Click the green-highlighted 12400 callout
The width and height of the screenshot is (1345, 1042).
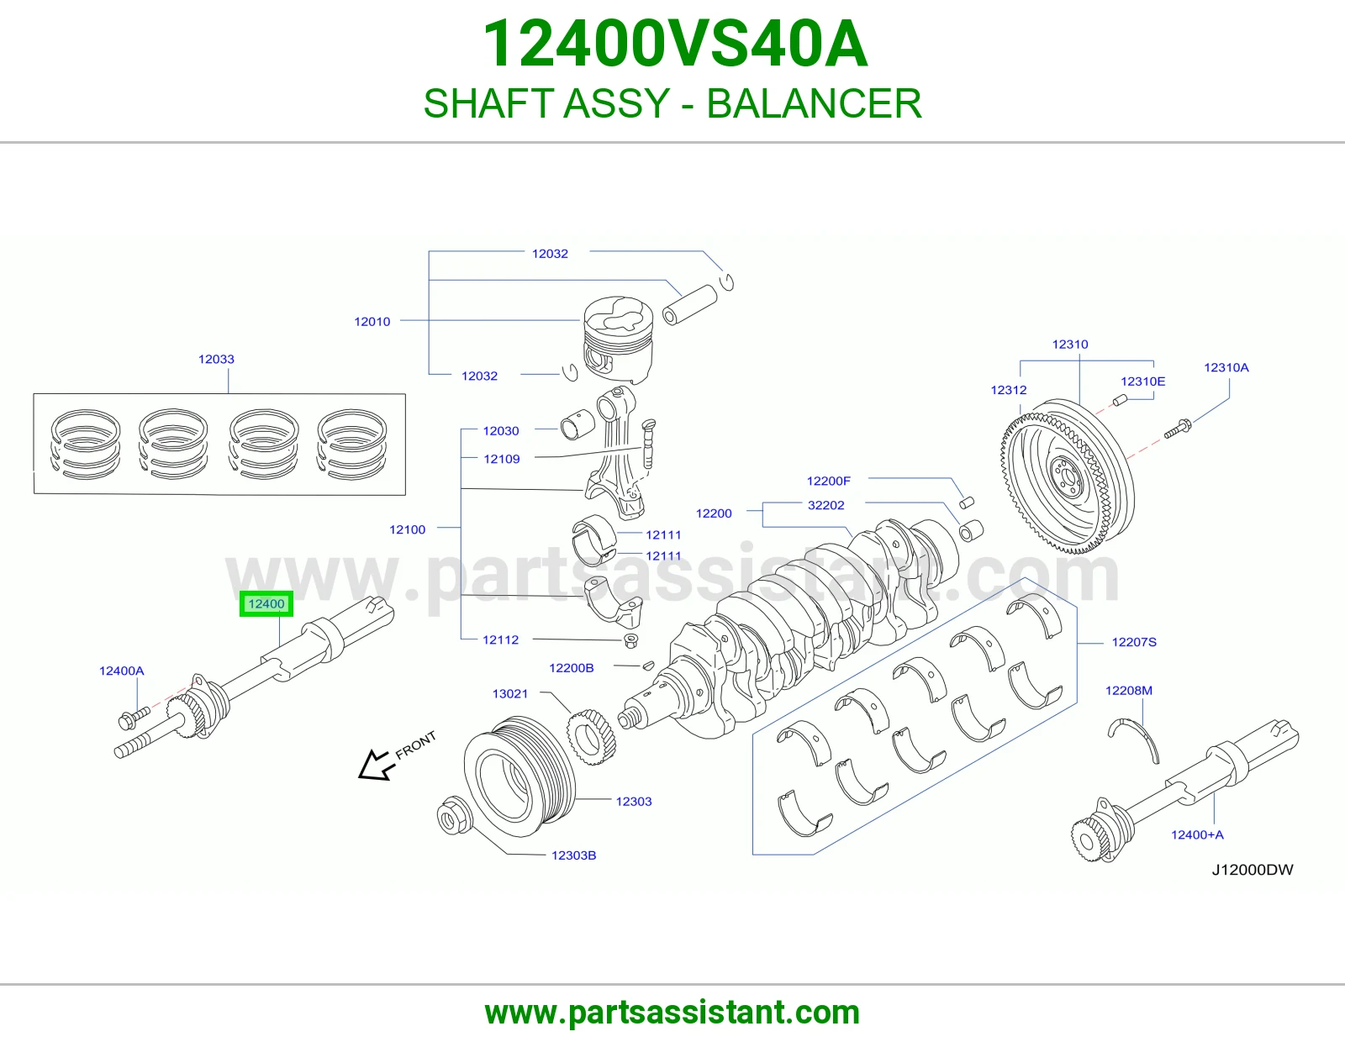tap(266, 603)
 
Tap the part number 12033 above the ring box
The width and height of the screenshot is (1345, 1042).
tap(216, 359)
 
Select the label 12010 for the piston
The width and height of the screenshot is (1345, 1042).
tap(372, 321)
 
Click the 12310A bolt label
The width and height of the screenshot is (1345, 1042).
tap(1226, 367)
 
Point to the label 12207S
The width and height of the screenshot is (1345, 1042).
tap(1134, 642)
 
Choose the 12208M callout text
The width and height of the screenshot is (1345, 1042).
tap(1129, 690)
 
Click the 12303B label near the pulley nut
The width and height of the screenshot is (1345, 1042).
tap(574, 855)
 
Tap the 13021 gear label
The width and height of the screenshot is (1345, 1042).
tap(510, 693)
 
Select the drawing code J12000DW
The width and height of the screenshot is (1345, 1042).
tap(1253, 870)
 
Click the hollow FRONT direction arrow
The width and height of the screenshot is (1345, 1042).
tap(377, 766)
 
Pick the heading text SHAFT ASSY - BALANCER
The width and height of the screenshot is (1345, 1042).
tap(672, 103)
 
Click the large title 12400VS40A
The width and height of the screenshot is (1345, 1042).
tap(675, 44)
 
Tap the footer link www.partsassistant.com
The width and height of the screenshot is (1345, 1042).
tap(672, 1013)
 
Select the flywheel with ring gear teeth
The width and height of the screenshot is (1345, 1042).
tap(1068, 476)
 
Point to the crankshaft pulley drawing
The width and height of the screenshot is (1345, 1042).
tap(520, 776)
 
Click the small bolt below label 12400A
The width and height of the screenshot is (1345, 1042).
tap(133, 718)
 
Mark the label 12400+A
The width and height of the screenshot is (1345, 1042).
tap(1197, 834)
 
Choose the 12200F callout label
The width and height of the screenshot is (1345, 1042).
tap(828, 481)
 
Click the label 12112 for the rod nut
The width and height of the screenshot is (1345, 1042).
tap(501, 639)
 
